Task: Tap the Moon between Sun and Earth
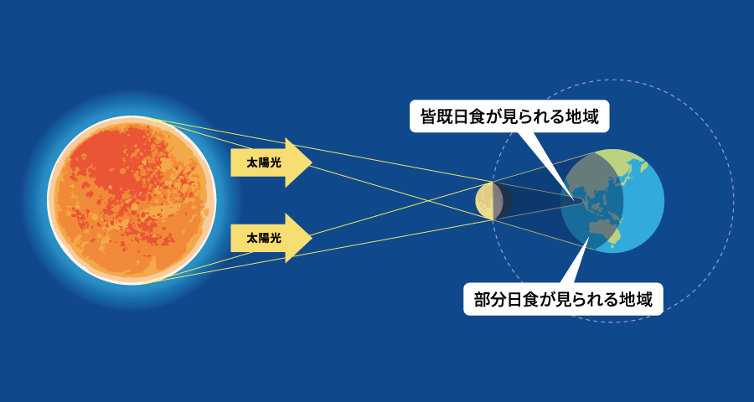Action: [491, 201]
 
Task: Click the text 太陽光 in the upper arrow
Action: [263, 162]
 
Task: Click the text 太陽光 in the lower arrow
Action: [263, 238]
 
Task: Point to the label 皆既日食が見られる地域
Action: [509, 116]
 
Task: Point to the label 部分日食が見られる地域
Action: [563, 299]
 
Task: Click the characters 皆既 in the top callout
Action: [437, 116]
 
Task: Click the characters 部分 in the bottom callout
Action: [492, 299]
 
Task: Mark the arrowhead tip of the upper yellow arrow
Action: [312, 162]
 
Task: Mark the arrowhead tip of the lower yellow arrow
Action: [312, 238]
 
